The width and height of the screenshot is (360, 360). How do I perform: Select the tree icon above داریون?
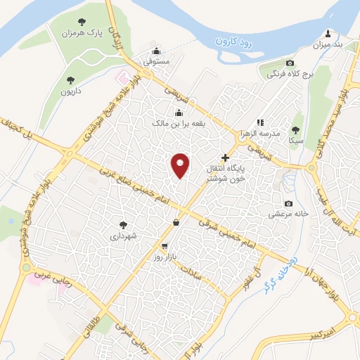(70, 79)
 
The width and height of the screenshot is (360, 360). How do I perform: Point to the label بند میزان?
(328, 45)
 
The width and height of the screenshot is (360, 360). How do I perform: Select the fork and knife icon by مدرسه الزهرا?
(260, 122)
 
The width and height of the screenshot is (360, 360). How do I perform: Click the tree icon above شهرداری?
(124, 225)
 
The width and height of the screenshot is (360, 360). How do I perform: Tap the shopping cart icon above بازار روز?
(165, 246)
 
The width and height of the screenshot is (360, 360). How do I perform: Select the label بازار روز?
(169, 257)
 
